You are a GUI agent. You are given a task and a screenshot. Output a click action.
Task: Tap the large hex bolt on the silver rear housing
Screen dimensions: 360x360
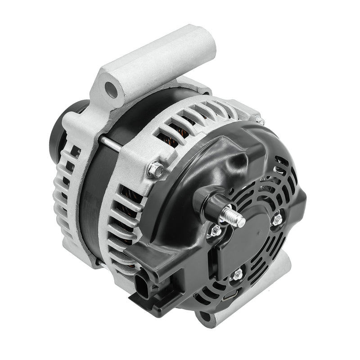click(x=156, y=169)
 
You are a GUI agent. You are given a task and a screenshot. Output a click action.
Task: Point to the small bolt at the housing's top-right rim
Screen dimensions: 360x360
click(x=260, y=121)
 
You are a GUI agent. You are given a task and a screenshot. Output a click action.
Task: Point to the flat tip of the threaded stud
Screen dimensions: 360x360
click(x=242, y=221)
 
